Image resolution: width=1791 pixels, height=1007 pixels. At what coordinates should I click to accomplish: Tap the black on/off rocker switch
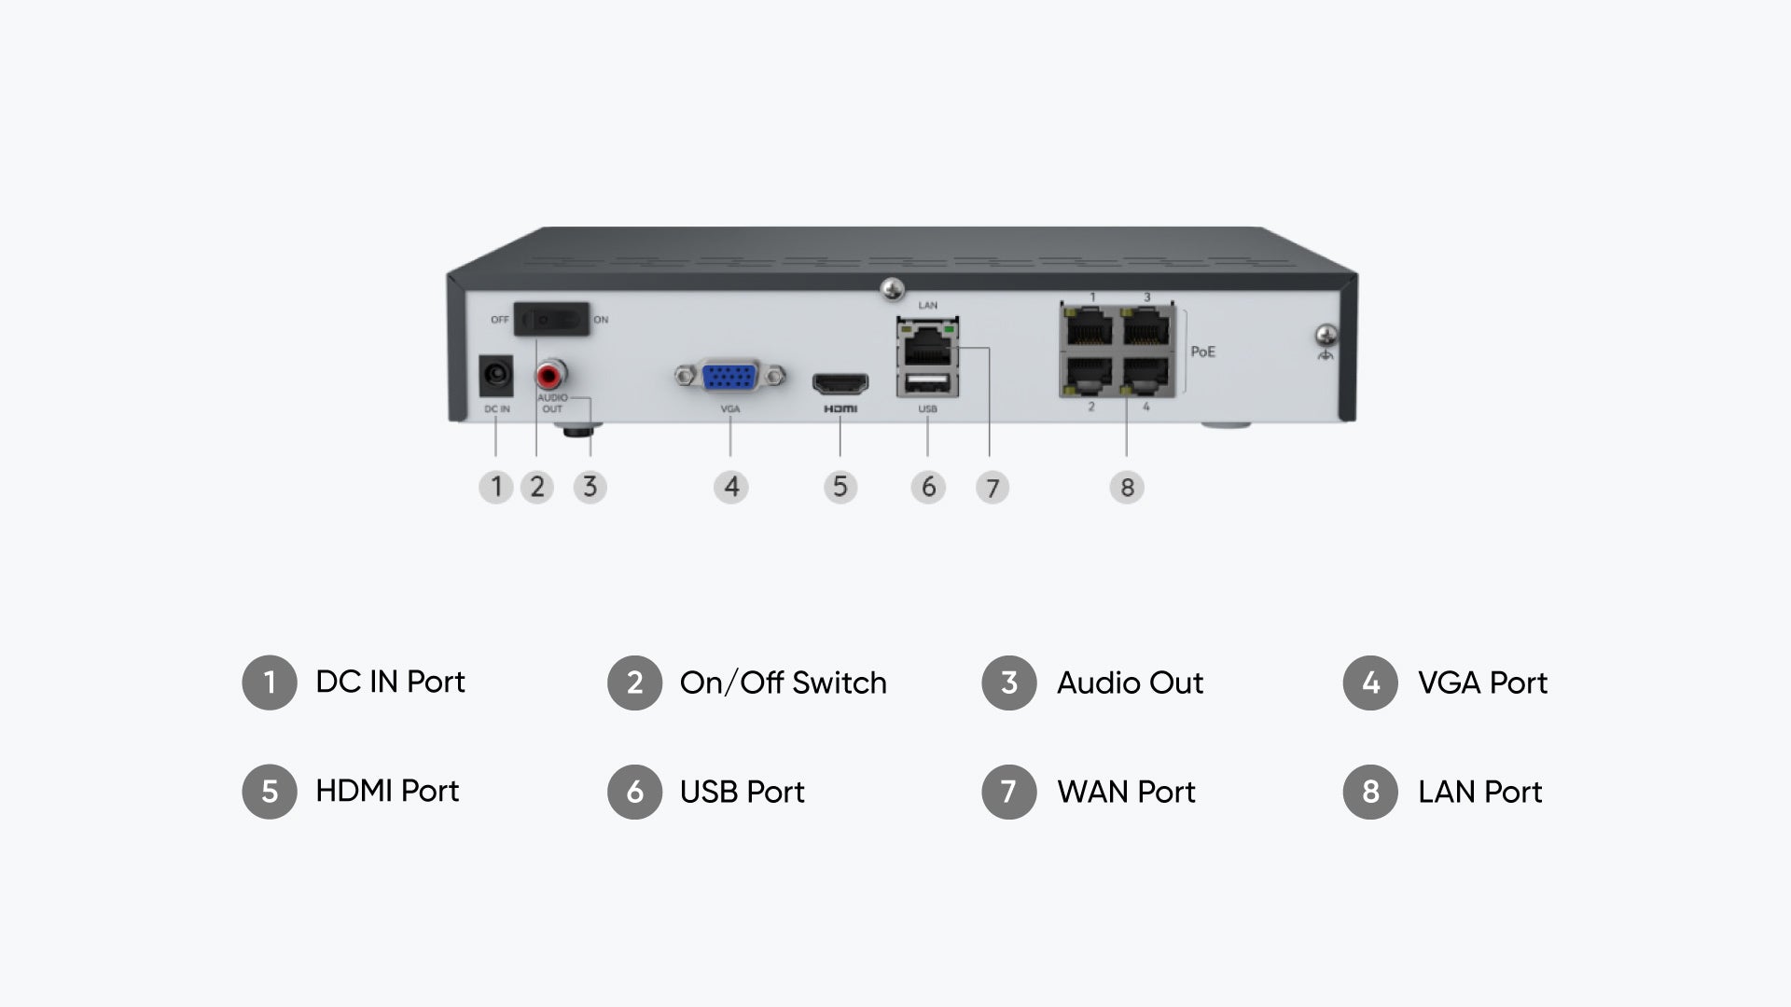point(553,319)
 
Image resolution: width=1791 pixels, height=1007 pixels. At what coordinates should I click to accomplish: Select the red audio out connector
point(550,376)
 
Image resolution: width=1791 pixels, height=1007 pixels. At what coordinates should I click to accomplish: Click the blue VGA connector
point(730,377)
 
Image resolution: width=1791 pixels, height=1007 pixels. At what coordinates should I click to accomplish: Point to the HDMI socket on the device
point(840,383)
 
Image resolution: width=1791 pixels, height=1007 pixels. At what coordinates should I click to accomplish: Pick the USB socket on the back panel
point(927,383)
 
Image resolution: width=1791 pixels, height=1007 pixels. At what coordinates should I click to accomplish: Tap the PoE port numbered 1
point(1090,327)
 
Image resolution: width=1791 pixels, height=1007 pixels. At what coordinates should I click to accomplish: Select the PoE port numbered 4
point(1145,375)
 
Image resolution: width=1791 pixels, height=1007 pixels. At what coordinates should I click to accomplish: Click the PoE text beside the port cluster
point(1202,352)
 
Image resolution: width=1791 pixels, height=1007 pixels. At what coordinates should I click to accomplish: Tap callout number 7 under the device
point(993,488)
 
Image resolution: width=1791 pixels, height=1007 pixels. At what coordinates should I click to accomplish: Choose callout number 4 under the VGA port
point(731,487)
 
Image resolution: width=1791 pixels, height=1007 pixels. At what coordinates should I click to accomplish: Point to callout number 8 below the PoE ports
point(1127,488)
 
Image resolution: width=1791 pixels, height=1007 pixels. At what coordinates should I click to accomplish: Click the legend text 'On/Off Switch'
point(784,683)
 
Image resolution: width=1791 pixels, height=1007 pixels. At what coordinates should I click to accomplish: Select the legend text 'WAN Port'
point(1126,792)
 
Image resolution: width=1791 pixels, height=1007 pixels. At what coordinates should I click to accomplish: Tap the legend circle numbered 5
point(270,792)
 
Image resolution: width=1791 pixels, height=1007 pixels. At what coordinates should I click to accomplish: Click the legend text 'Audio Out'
point(1130,683)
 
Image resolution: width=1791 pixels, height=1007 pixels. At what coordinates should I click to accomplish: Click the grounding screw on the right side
point(1325,334)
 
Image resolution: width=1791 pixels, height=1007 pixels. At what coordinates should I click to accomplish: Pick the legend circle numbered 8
point(1370,792)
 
